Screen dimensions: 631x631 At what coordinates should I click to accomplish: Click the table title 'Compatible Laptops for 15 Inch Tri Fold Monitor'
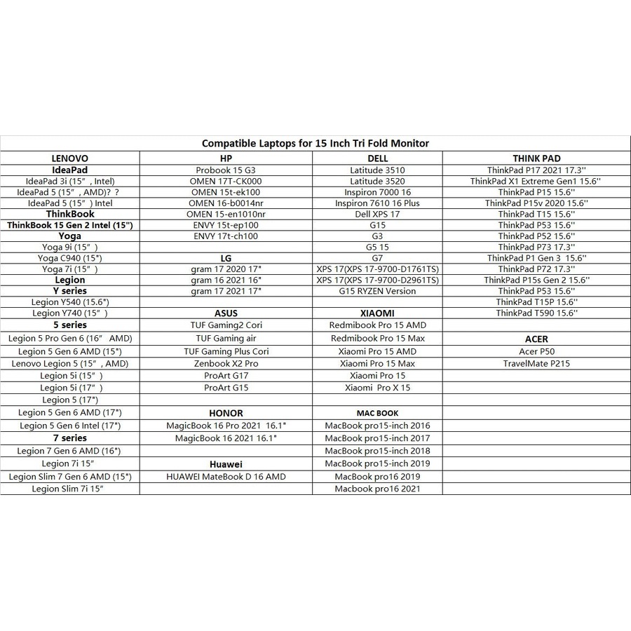315,143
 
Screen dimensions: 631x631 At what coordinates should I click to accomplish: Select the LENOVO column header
70,158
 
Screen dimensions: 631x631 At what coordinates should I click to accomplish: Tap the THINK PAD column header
536,158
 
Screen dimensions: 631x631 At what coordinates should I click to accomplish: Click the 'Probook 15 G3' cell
226,170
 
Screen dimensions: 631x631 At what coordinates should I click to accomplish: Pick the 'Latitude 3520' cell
377,181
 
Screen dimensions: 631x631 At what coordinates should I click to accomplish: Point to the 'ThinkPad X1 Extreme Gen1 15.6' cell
536,181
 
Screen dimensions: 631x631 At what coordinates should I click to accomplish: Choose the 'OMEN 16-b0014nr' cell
226,203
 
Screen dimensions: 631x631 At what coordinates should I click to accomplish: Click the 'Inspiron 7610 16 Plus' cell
377,203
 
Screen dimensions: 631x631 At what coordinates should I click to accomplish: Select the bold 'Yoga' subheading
70,236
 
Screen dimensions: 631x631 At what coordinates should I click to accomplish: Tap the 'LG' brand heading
226,258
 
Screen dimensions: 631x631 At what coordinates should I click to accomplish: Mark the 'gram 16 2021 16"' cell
226,280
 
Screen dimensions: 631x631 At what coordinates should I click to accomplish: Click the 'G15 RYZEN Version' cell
377,291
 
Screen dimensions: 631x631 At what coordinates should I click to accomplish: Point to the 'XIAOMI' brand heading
377,313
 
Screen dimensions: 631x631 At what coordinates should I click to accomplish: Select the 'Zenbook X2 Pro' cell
226,364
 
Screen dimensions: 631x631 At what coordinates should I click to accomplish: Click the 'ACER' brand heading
536,339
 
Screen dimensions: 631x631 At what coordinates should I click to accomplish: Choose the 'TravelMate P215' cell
536,364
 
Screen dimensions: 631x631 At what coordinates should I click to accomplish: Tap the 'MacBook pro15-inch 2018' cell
377,451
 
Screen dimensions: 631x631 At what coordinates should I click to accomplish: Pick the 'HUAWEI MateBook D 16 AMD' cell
226,477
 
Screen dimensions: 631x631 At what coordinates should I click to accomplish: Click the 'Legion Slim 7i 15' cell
70,489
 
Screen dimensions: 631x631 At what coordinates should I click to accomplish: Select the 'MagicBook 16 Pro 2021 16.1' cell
226,426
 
